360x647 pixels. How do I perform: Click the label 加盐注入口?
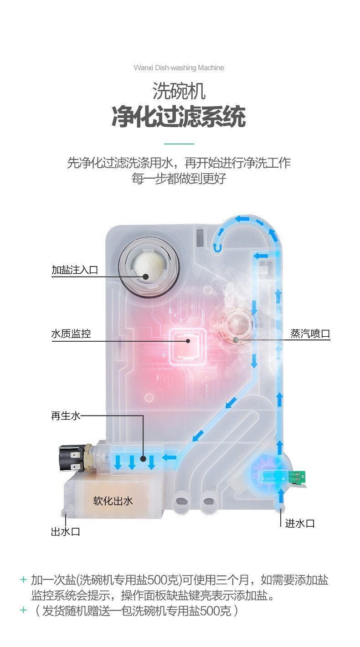74,270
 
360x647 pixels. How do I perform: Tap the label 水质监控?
71,334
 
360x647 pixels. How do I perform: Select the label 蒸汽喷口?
310,334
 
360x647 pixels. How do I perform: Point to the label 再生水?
65,416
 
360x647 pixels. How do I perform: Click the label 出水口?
65,531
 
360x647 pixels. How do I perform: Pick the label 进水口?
300,523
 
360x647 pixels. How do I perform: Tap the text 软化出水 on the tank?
113,501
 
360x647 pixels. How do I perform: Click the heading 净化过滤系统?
179,117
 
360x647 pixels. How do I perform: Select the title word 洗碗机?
179,91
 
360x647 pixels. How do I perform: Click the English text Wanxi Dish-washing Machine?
179,68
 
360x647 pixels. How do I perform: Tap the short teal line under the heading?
179,144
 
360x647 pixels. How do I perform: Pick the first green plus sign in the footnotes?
24,580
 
